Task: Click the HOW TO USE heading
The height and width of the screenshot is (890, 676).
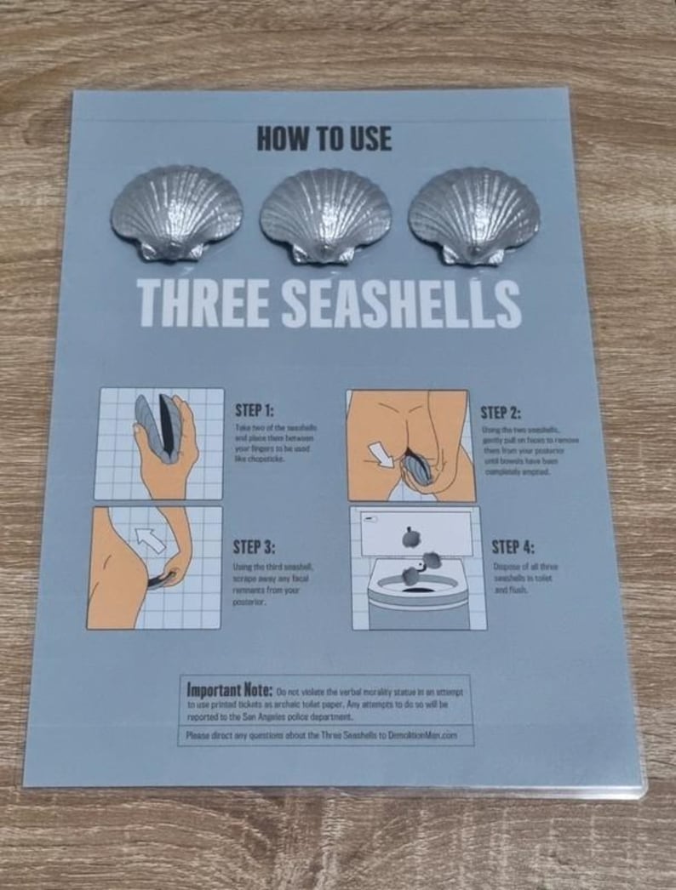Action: click(x=324, y=139)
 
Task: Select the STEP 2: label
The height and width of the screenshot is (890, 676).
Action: click(x=501, y=413)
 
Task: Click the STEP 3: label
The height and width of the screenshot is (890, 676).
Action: click(x=254, y=546)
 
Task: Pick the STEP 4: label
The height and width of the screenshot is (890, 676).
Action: click(x=513, y=546)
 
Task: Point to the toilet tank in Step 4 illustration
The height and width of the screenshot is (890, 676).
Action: click(x=416, y=531)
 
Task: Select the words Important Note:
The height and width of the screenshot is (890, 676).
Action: click(x=229, y=687)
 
